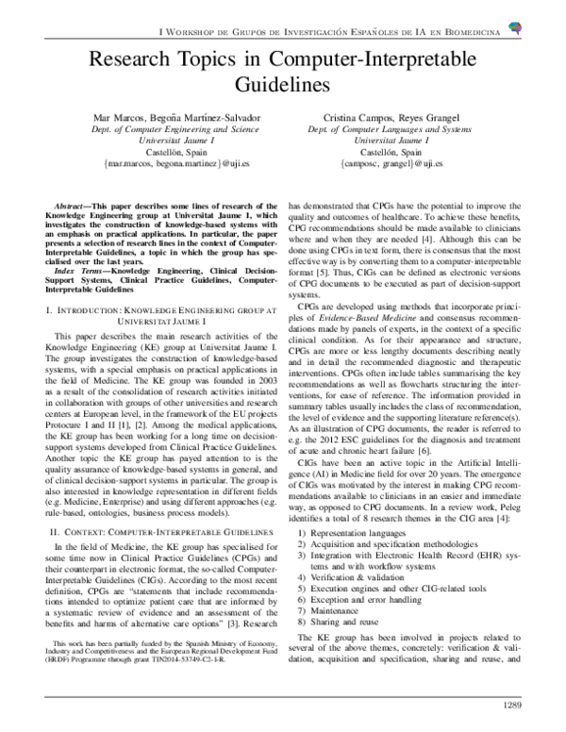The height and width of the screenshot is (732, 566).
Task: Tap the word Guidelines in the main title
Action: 282,85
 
